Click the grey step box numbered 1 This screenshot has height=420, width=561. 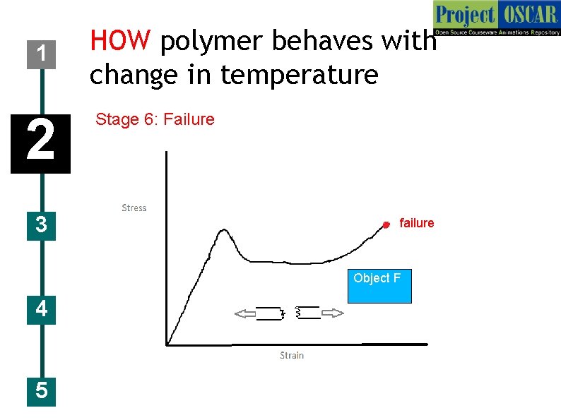coord(42,53)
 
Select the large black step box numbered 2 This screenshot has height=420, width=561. coord(40,143)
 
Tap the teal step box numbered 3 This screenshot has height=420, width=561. coord(42,225)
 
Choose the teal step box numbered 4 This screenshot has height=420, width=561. coord(42,309)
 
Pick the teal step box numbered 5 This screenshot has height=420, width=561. coord(42,390)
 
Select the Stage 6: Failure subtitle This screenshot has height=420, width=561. coord(155,119)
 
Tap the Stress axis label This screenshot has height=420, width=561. coord(134,208)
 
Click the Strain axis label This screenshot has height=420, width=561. coord(292,355)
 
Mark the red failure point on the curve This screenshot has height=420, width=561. coord(386,224)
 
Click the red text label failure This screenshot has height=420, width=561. coord(417,223)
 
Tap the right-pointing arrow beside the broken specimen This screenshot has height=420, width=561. coord(333,313)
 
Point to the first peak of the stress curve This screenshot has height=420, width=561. coord(224,231)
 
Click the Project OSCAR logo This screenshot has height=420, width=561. coord(496,19)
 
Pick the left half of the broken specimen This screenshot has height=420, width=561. coord(270,314)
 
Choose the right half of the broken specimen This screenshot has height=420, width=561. coord(307,313)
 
